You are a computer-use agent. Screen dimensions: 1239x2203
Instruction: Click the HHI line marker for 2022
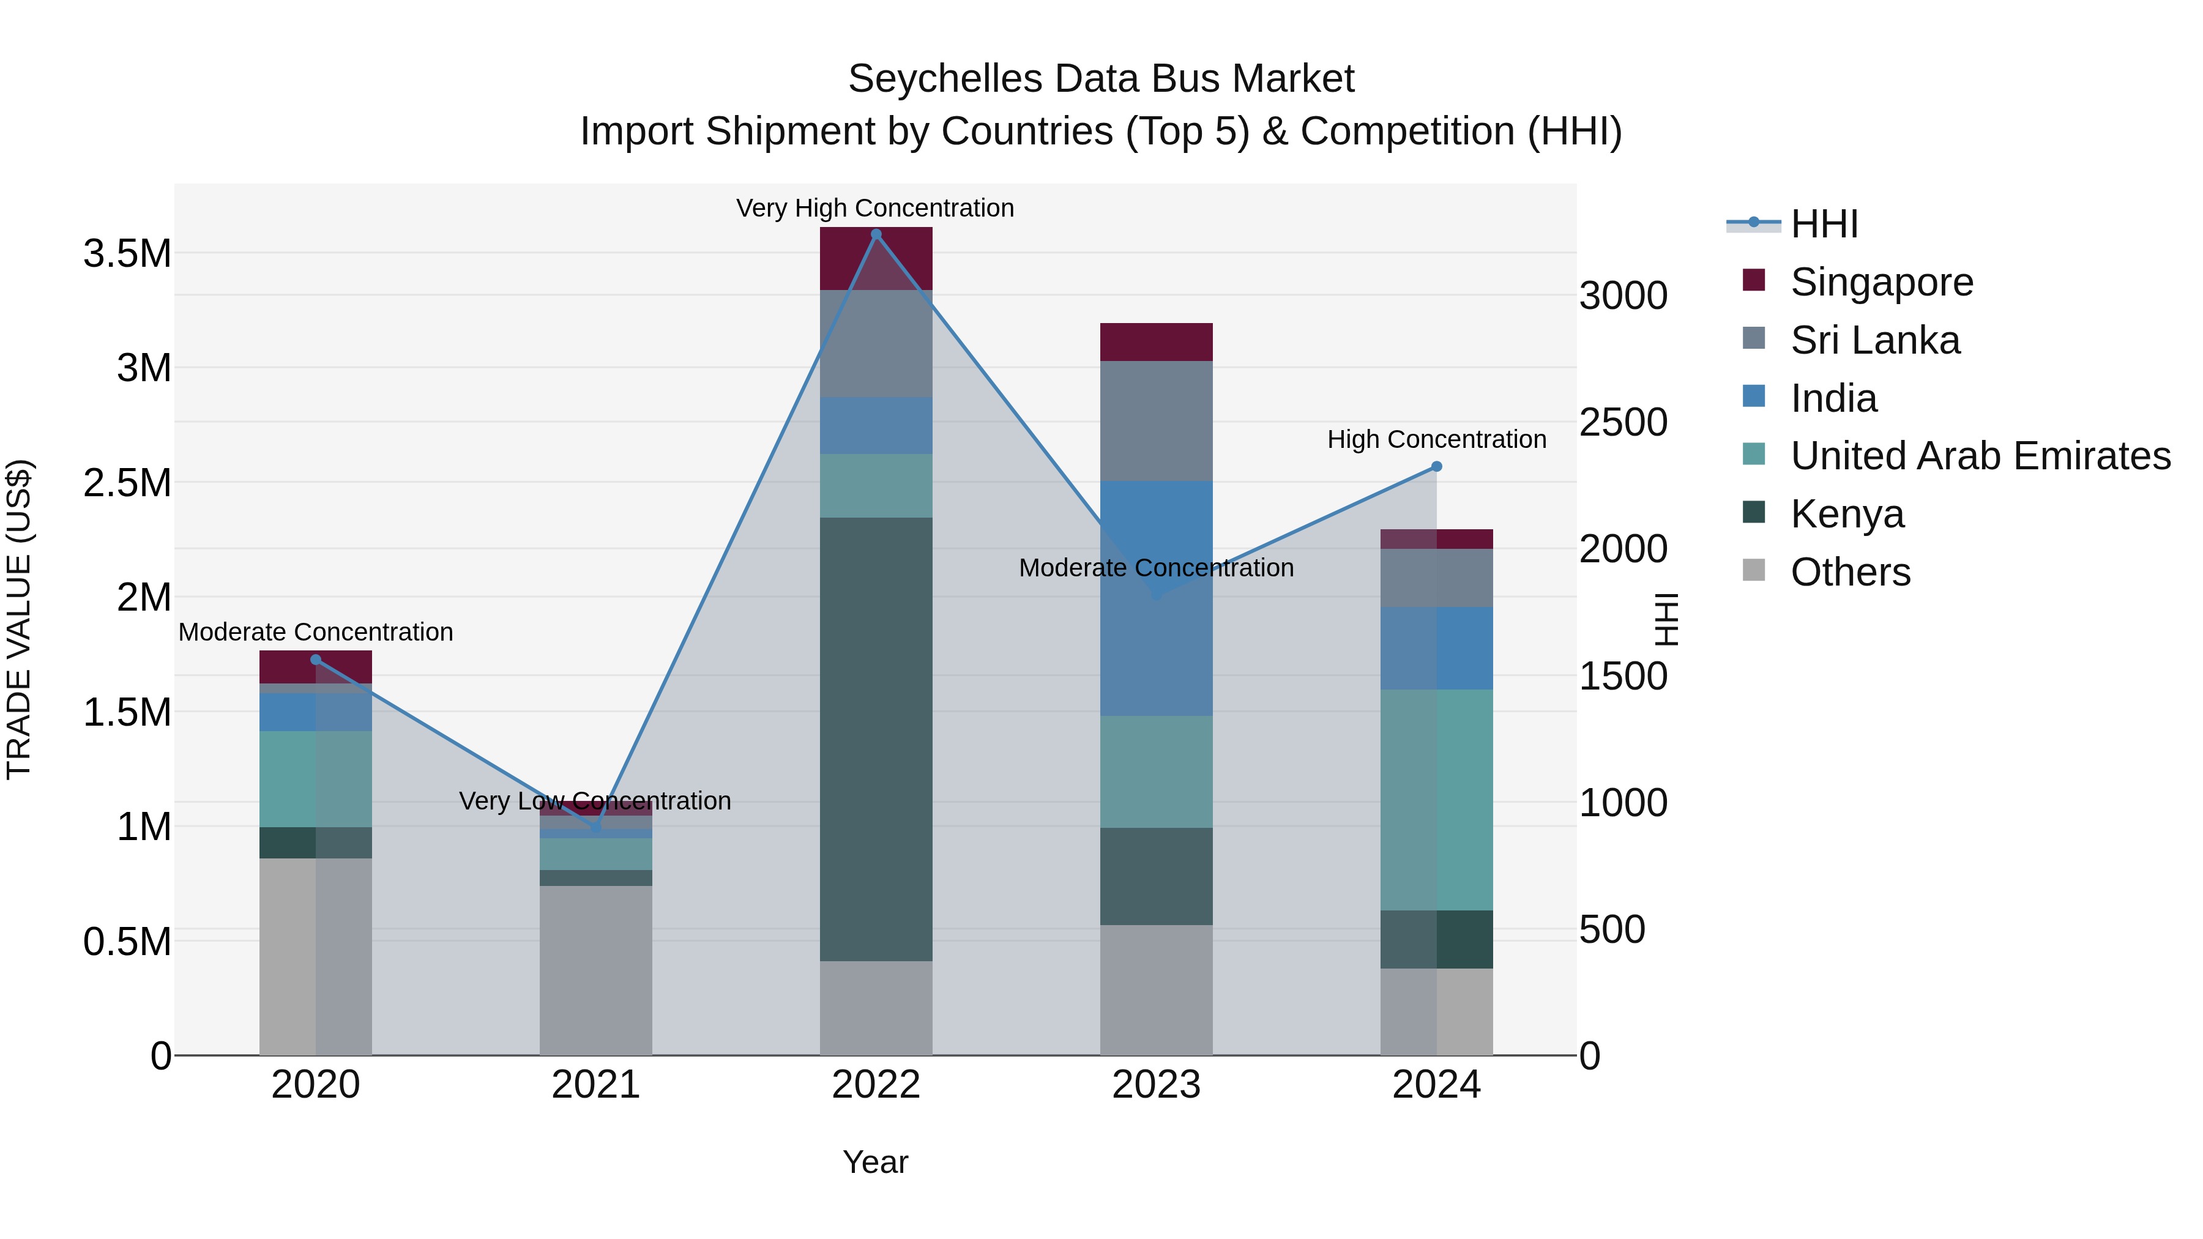(x=876, y=234)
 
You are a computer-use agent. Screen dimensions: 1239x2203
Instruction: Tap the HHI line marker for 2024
(x=1437, y=467)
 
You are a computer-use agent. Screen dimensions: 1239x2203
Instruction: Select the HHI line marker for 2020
(x=316, y=659)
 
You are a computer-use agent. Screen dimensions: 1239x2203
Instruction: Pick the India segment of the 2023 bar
(x=1156, y=598)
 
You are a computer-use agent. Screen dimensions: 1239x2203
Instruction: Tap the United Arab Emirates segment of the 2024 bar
(x=1437, y=800)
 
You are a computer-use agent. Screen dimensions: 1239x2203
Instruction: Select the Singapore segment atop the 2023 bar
(x=1156, y=342)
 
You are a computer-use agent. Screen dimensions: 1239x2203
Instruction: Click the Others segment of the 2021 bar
(x=595, y=970)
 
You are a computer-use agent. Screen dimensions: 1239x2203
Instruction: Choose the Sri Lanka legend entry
(x=1874, y=340)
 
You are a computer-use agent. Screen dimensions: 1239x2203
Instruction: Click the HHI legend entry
(x=1824, y=224)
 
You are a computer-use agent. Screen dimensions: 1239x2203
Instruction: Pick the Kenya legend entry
(x=1847, y=514)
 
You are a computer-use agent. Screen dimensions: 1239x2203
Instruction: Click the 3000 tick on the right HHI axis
(x=1622, y=296)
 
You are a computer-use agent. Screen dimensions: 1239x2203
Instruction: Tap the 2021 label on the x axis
(x=595, y=1085)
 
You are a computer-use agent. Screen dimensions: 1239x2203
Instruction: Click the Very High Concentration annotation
(x=875, y=208)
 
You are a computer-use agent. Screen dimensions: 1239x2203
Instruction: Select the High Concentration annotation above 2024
(x=1437, y=439)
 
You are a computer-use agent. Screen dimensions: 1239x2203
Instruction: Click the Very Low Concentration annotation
(x=595, y=801)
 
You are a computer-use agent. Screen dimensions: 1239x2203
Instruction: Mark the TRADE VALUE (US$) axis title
(x=19, y=619)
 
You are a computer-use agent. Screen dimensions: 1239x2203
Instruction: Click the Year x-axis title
(x=875, y=1162)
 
